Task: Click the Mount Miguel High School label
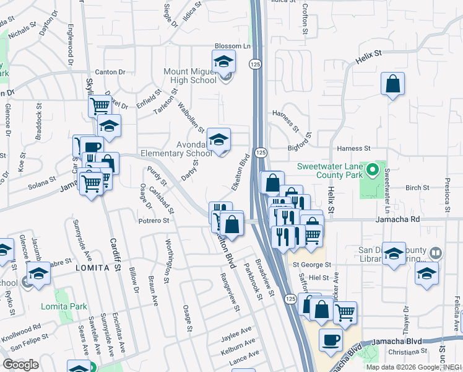pos(190,76)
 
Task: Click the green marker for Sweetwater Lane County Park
pos(371,169)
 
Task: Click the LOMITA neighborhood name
pos(97,268)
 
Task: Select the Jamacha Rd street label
pos(397,219)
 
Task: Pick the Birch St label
pos(417,187)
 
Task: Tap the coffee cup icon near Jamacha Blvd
pos(331,339)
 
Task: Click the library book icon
pos(436,253)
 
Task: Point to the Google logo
pos(20,365)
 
